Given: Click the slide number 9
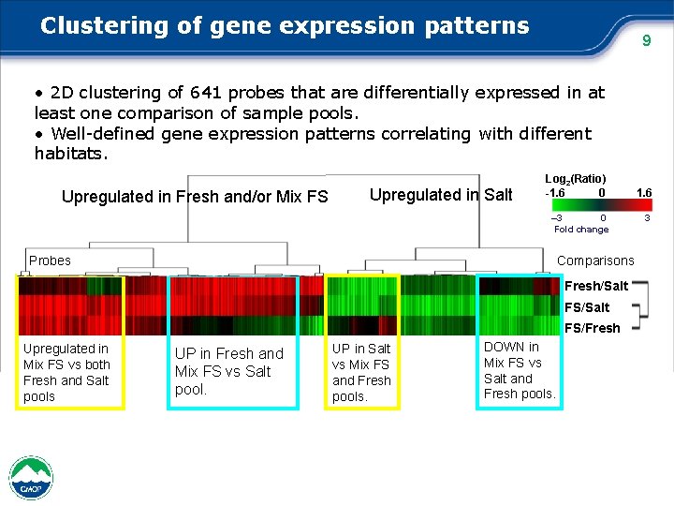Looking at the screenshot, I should click(x=644, y=40).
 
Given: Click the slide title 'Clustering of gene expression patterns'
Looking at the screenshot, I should click(x=285, y=25).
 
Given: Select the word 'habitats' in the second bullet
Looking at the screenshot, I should click(x=70, y=154).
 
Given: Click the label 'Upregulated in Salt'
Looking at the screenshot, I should click(x=441, y=195).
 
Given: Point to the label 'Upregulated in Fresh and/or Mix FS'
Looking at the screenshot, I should click(x=195, y=197).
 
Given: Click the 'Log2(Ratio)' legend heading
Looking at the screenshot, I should click(x=575, y=178).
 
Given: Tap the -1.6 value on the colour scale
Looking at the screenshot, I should click(x=555, y=193).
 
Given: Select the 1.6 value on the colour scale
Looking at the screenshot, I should click(x=643, y=193).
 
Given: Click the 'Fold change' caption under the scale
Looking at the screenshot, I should click(x=580, y=230).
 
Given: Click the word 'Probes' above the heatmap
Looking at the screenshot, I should click(x=50, y=260).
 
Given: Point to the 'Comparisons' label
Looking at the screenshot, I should click(x=595, y=261).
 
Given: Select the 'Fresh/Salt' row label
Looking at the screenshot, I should click(x=596, y=286).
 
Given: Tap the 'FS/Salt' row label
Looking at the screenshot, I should click(x=586, y=307).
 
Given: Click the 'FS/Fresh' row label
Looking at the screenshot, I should click(x=592, y=328).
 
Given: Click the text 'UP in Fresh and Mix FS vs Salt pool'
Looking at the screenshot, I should click(x=228, y=371).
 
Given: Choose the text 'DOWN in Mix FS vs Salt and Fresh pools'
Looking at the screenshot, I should click(x=519, y=370).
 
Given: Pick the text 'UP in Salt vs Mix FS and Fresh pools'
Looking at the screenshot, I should click(x=361, y=372).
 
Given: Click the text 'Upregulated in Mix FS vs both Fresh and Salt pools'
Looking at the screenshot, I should click(x=66, y=372).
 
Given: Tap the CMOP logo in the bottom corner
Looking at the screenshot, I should click(x=31, y=478).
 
